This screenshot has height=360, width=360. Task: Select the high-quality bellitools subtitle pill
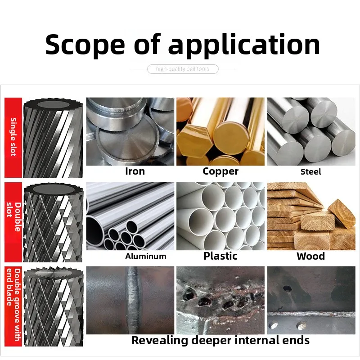tap(183, 69)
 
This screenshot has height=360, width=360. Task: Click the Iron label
tap(135, 171)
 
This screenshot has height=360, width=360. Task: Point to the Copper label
tap(220, 171)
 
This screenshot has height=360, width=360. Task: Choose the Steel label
tap(311, 172)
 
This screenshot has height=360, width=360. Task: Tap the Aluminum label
tap(145, 256)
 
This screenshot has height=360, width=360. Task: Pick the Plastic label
tap(220, 256)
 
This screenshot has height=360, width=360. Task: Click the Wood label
tap(310, 256)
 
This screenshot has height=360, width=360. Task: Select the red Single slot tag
tap(13, 137)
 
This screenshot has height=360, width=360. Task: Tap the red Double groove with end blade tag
tap(13, 303)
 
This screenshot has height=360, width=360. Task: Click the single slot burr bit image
tap(53, 137)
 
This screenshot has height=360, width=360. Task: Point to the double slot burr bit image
tap(53, 221)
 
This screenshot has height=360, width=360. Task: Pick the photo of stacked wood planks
tap(311, 216)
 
